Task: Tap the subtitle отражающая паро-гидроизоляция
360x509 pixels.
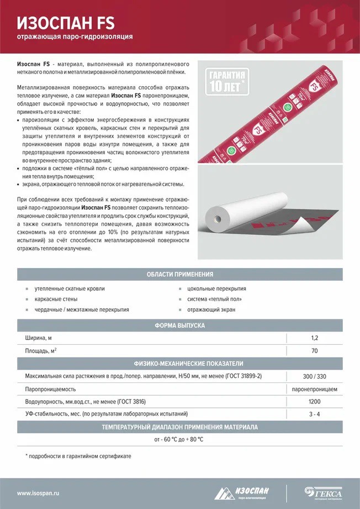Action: point(75,37)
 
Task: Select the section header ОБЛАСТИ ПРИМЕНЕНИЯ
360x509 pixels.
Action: point(179,274)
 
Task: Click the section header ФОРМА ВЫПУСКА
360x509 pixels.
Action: point(179,326)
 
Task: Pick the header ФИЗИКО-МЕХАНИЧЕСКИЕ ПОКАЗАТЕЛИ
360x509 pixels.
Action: point(179,364)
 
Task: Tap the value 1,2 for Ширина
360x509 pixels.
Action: point(314,338)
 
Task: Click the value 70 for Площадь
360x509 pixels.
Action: point(314,351)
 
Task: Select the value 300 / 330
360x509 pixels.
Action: point(314,376)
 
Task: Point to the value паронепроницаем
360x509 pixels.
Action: point(314,389)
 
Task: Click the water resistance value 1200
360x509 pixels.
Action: point(314,402)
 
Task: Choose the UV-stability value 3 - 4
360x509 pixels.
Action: point(314,414)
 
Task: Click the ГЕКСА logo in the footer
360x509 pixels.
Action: point(324,492)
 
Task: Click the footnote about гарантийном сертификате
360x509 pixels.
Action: point(78,456)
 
